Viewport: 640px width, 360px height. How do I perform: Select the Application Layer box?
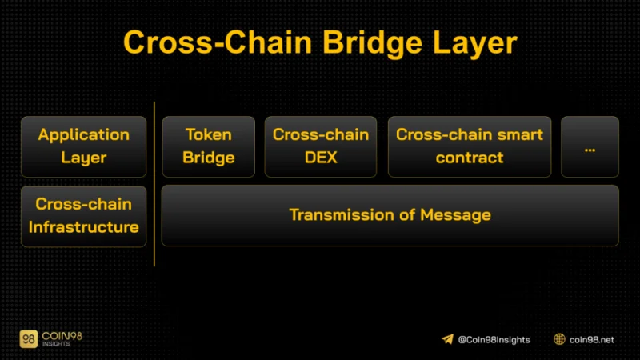pos(84,146)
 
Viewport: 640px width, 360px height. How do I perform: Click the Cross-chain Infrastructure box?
pos(84,216)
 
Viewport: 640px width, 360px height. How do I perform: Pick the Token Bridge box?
pos(209,146)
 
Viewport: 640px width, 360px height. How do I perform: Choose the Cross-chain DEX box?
pos(321,146)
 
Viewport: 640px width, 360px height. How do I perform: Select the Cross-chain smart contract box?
pos(470,146)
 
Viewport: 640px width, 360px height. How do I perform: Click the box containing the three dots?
pos(590,146)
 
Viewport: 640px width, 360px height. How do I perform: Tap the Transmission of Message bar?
pos(390,215)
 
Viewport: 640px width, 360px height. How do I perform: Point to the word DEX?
pos(321,158)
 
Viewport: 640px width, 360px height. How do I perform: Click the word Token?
pos(209,134)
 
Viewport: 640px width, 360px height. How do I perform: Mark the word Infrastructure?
pos(84,227)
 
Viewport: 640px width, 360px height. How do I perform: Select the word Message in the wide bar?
pos(455,215)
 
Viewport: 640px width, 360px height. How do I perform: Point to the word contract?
pos(470,158)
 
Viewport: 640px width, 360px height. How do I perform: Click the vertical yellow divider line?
pos(154,184)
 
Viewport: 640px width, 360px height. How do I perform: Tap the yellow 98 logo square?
pos(29,338)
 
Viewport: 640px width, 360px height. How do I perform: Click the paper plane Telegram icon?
pos(447,339)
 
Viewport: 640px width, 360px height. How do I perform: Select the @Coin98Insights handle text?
pos(494,339)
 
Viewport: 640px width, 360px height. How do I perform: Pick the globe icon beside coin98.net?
pos(559,339)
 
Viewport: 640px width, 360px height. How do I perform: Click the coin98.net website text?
pos(591,339)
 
